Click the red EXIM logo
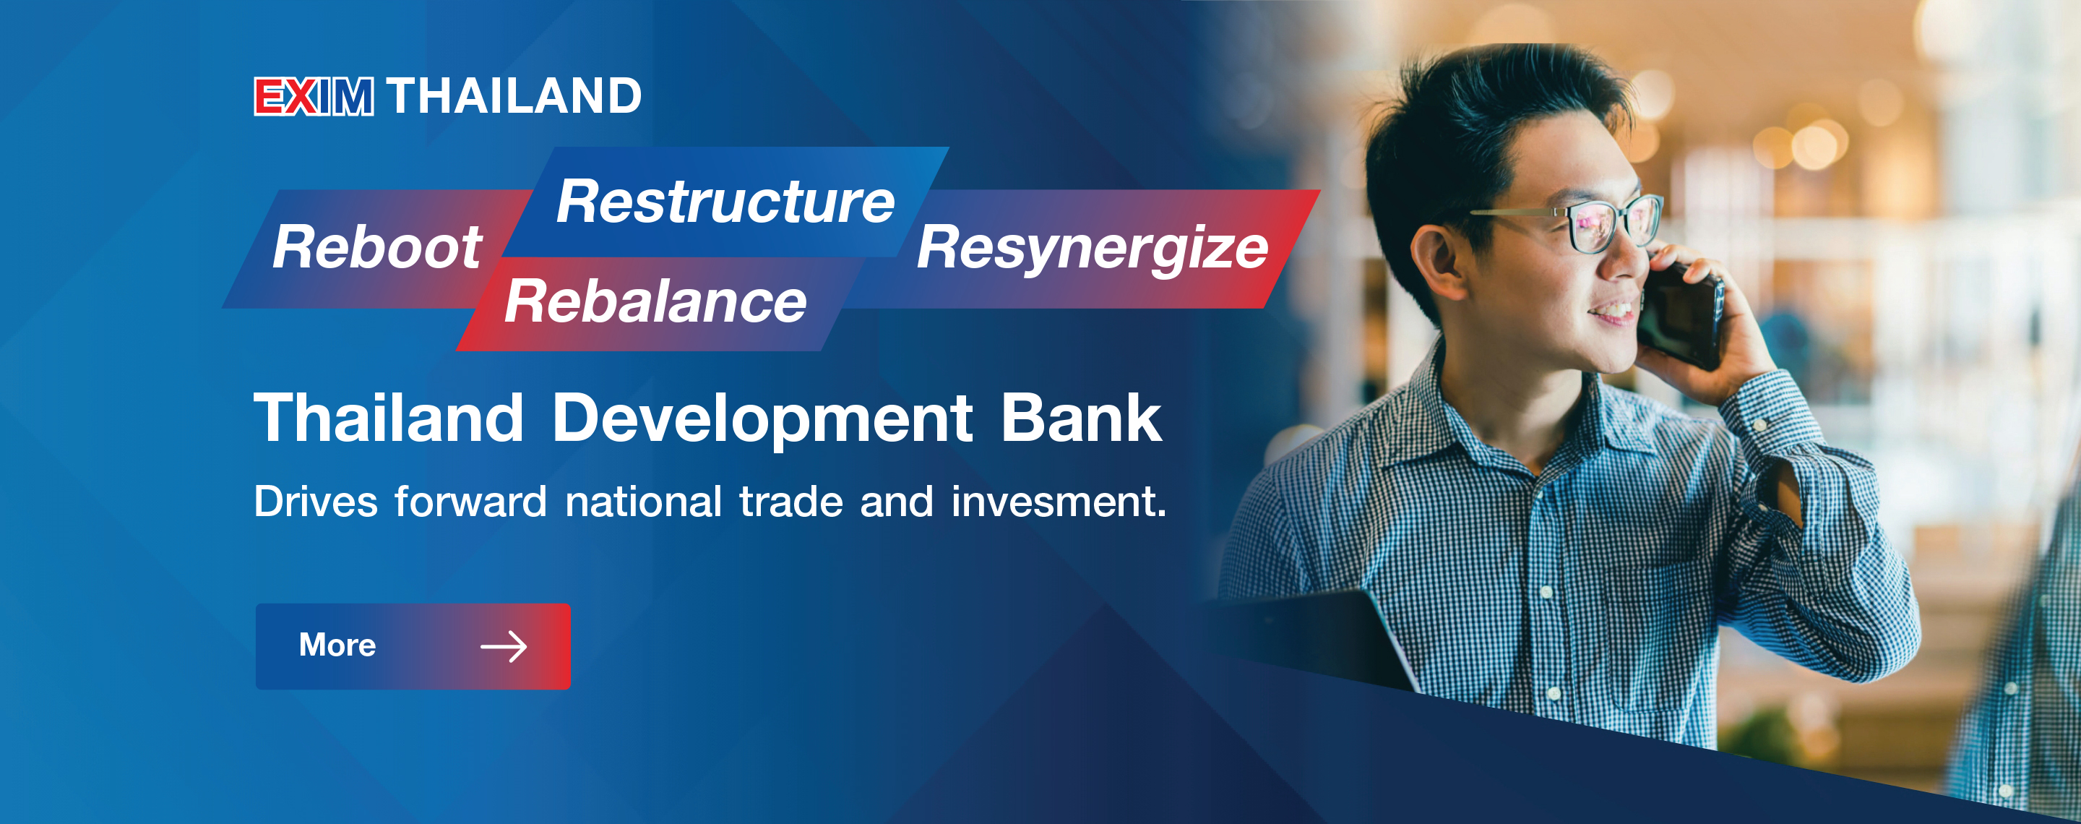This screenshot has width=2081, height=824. point(314,97)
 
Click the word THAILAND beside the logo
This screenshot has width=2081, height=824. point(514,96)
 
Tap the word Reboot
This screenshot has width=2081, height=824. point(377,247)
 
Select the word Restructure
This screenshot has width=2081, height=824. point(725,201)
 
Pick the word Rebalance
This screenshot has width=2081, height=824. point(656,301)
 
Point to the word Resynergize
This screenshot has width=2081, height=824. point(1093,249)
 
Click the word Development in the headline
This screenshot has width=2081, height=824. point(762,419)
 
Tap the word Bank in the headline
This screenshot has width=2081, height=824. point(1082,418)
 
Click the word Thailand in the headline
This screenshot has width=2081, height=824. point(389,418)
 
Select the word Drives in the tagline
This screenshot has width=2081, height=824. point(316,502)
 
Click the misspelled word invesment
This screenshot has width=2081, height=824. point(1059,502)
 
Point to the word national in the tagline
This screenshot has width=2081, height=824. point(643,502)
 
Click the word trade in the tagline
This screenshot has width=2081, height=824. point(791,502)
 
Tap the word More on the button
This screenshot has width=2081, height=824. point(337,645)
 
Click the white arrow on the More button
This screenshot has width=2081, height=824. point(504,646)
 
